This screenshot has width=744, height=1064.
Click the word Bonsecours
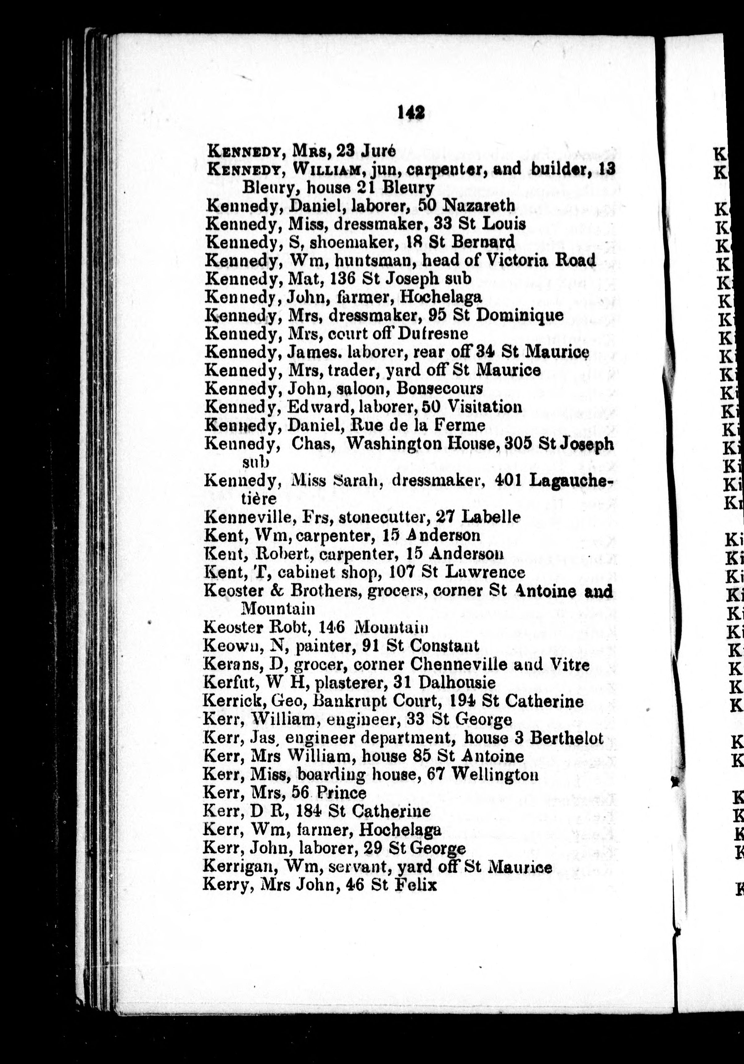pyautogui.click(x=440, y=388)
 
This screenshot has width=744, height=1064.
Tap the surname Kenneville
pyautogui.click(x=242, y=517)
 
